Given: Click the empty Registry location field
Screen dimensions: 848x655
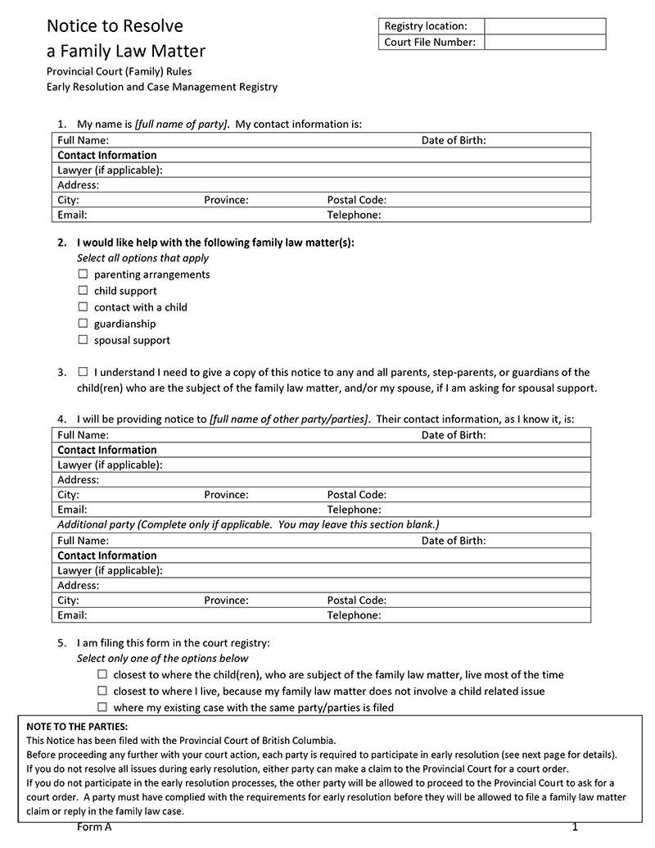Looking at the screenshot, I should coord(544,26).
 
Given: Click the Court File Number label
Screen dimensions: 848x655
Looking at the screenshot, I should coord(430,42).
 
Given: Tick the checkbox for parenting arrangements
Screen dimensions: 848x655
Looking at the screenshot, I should coord(83,274).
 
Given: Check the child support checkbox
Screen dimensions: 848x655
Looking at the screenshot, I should coord(83,290).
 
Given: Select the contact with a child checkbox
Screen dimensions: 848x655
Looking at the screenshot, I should coord(83,306).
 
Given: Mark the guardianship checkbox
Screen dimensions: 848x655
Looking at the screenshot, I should coord(83,323).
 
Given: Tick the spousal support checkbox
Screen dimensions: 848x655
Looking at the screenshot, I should coord(83,339).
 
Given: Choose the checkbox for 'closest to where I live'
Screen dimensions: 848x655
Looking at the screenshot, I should coord(102,690).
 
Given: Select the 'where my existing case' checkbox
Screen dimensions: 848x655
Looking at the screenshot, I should coord(102,706).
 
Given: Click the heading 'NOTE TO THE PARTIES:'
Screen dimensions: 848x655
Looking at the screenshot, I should coord(78,727).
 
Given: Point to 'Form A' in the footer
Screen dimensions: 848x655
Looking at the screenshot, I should coord(94,828).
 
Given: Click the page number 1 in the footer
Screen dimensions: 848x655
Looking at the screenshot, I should coord(576,828).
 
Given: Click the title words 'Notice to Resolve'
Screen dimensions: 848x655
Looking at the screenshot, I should coord(115,26).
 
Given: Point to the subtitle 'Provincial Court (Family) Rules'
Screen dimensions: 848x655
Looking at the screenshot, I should coord(120,71).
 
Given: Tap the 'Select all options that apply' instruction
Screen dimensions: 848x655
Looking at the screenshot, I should coord(142,258).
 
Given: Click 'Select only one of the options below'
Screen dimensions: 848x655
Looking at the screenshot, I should coord(162,658).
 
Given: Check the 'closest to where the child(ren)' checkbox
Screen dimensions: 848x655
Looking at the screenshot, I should coord(102,673).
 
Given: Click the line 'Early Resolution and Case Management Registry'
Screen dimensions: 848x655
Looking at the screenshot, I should coord(162,87).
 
